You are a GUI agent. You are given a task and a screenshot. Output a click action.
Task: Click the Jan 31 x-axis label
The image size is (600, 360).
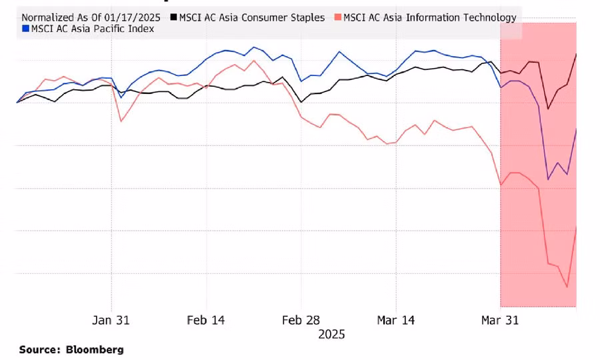[111, 320]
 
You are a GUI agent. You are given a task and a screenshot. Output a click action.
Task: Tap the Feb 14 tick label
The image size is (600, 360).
[206, 320]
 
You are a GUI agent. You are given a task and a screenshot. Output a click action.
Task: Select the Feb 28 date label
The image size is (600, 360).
[301, 320]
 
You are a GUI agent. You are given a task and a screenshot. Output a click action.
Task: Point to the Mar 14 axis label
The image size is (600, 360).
[396, 320]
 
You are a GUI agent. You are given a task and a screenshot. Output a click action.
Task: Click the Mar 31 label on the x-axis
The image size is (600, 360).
[500, 320]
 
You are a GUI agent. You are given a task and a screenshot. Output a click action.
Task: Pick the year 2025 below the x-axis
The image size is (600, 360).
[331, 334]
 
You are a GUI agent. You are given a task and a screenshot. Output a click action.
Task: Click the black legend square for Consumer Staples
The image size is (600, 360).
[173, 17]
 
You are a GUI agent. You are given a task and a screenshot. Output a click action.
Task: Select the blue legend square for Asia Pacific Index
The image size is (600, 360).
[25, 29]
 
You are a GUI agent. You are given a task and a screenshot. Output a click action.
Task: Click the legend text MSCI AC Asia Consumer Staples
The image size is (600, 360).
[252, 17]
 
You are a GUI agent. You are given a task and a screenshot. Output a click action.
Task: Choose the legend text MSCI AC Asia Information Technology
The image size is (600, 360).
[430, 17]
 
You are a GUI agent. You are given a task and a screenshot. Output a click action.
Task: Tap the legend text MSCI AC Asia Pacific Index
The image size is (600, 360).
[93, 29]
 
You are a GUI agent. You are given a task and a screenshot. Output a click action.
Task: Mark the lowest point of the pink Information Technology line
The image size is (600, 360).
[567, 287]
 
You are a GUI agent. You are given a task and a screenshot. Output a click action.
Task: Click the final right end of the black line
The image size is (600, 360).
[576, 54]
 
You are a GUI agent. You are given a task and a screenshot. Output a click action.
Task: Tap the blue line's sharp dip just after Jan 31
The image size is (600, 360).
[121, 97]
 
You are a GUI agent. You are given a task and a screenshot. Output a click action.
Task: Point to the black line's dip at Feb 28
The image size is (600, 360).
[301, 102]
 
